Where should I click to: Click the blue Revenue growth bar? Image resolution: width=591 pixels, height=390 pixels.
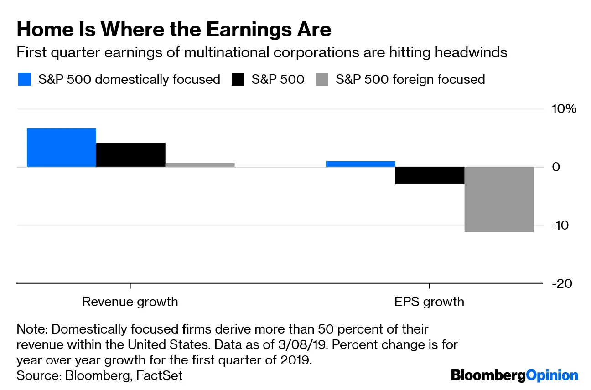62,148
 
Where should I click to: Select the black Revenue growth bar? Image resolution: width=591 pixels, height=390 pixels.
131,155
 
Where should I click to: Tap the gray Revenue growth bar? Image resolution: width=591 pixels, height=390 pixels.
200,165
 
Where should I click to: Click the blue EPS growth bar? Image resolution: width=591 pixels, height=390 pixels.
360,164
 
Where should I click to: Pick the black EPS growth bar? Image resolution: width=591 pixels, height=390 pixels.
430,175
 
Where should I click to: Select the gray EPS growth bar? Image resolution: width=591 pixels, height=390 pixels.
499,200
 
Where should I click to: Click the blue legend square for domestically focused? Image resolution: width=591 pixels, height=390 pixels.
25,80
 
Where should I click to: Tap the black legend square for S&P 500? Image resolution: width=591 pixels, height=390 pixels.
237,80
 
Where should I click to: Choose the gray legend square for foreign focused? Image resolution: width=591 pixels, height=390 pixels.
321,80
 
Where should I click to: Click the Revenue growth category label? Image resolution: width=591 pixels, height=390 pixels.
130,302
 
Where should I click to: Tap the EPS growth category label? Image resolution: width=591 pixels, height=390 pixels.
429,302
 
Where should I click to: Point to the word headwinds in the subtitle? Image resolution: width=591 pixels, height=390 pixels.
471,52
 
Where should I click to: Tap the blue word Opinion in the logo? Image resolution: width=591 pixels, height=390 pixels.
552,375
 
